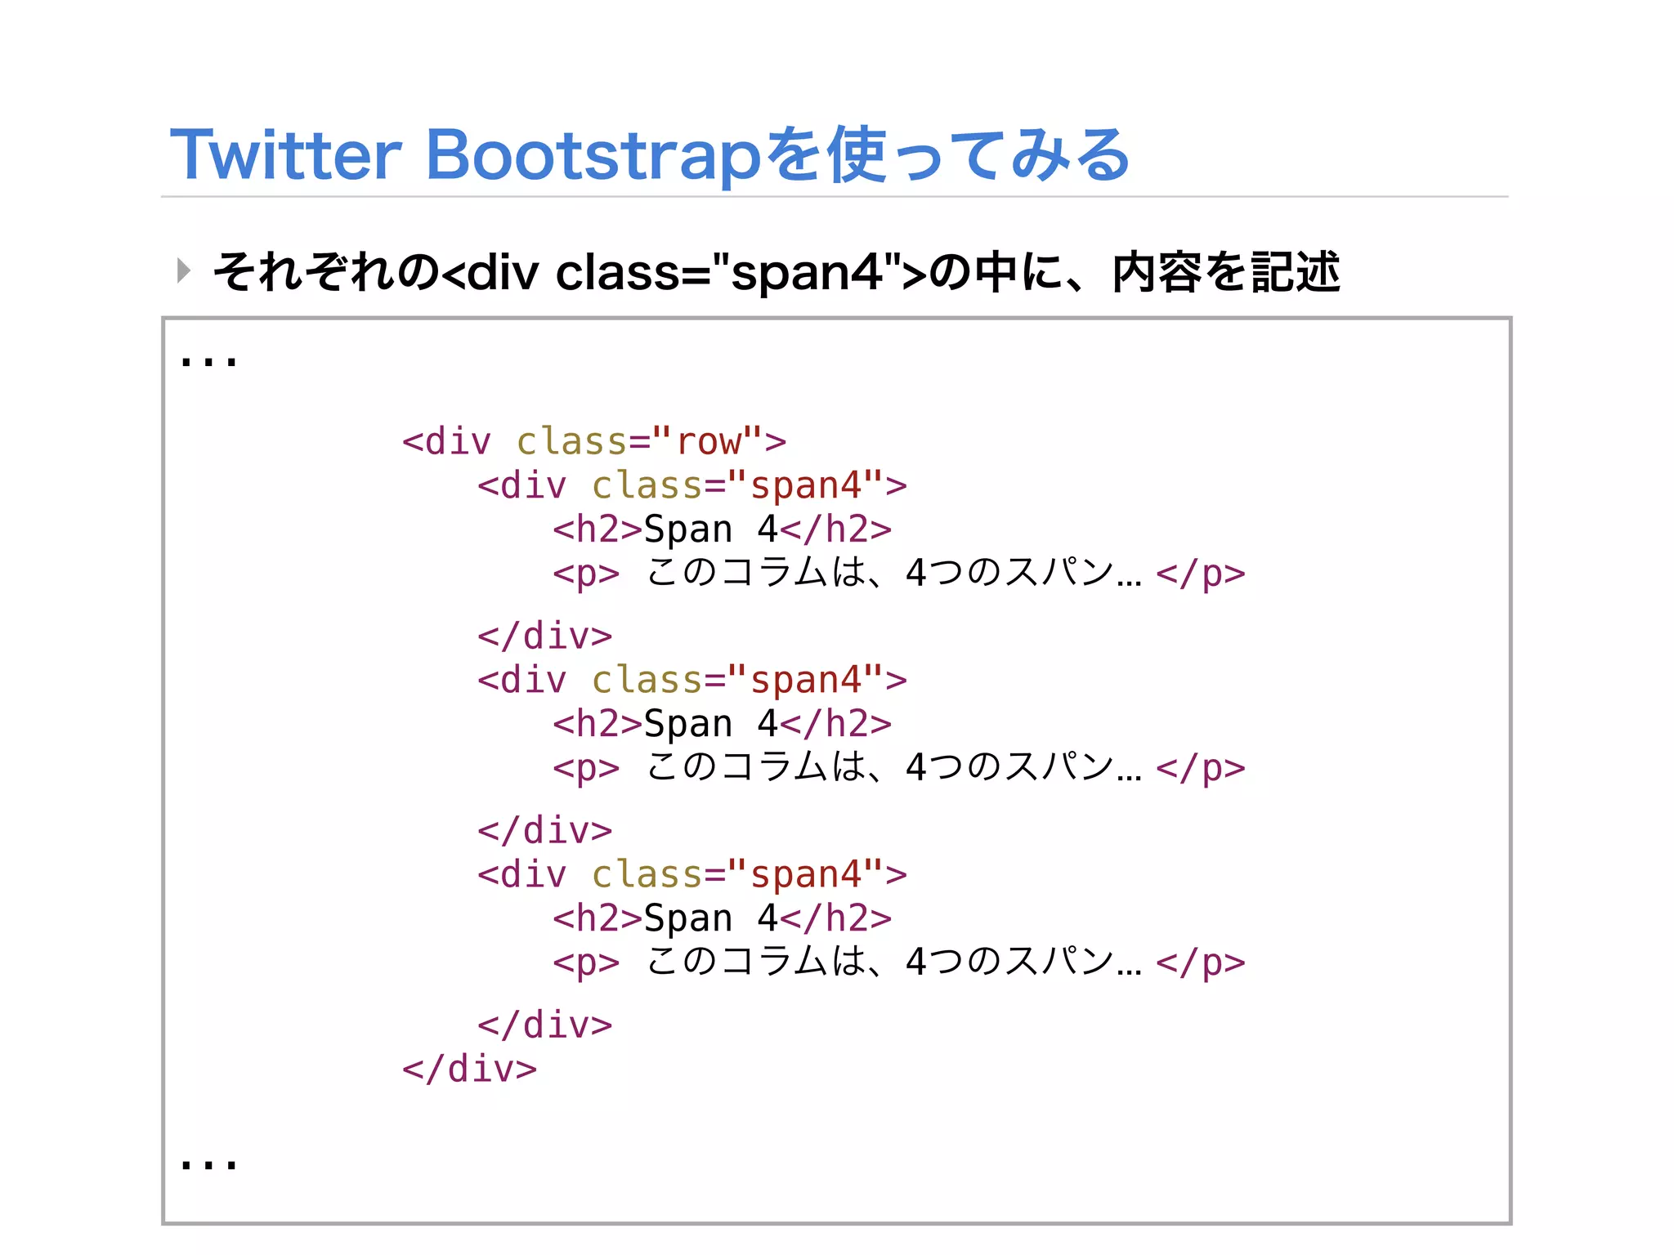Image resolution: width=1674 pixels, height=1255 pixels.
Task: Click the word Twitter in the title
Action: click(286, 155)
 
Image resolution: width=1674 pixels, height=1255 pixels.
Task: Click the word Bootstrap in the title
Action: click(593, 155)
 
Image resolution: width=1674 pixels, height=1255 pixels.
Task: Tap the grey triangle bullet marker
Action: click(184, 270)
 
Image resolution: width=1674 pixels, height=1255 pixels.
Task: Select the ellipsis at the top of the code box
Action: click(208, 360)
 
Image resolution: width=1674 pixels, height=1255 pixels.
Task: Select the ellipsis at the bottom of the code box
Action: click(208, 1163)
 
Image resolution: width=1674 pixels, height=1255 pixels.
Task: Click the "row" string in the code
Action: click(708, 442)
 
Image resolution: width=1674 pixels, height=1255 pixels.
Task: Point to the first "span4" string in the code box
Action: click(805, 485)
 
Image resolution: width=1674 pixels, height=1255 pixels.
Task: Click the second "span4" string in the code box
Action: click(805, 680)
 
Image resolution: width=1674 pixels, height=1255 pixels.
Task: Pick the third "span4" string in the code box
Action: click(805, 874)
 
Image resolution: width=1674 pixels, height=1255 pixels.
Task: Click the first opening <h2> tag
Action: click(598, 529)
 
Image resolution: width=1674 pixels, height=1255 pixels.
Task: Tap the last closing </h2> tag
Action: click(835, 918)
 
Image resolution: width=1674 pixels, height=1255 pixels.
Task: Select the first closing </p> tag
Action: click(1201, 574)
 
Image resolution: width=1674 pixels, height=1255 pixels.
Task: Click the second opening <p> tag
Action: click(586, 768)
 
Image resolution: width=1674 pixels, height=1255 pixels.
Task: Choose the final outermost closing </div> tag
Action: click(469, 1069)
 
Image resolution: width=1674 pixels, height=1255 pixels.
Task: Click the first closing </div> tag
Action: click(545, 636)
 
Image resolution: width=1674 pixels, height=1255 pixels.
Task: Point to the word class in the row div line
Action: click(571, 442)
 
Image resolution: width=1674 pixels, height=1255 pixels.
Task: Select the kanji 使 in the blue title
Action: click(856, 155)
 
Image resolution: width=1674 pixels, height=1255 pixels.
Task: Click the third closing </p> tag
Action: click(1201, 962)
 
